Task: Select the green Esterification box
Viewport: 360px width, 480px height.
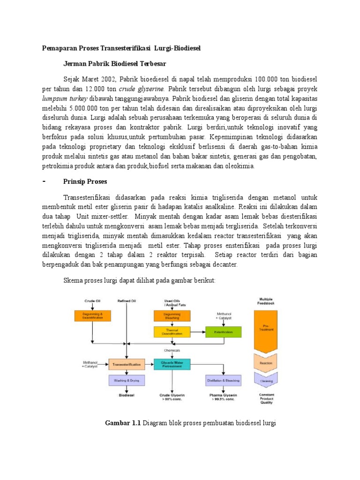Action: (x=223, y=332)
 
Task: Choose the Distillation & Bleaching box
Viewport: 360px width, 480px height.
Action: (x=223, y=381)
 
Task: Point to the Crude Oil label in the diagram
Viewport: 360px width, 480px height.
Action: (x=93, y=300)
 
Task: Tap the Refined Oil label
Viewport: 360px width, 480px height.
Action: (x=126, y=300)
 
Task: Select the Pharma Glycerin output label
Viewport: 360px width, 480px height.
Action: (x=223, y=395)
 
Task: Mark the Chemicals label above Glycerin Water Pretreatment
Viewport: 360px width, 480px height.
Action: (x=172, y=350)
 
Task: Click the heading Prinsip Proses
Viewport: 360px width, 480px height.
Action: (x=85, y=181)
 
